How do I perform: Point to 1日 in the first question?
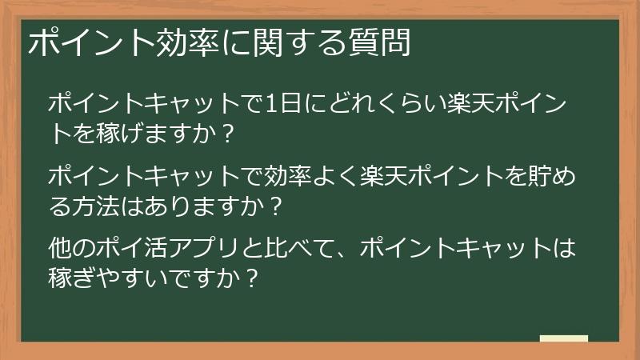click(280, 103)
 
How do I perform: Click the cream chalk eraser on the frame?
click(564, 338)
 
